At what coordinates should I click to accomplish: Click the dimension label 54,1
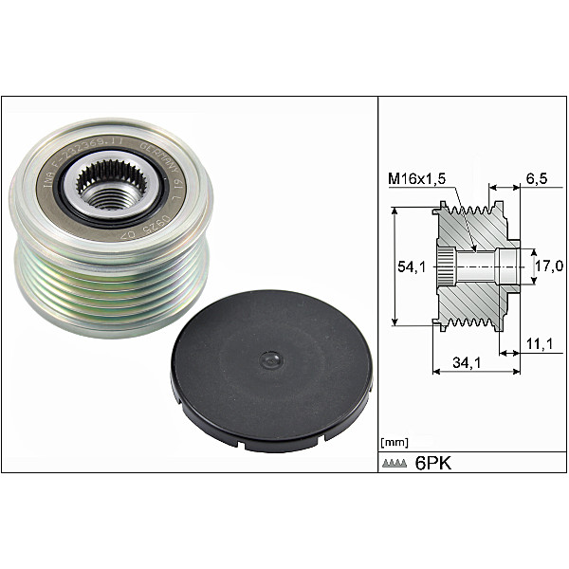410,268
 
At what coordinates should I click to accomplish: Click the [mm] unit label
393,442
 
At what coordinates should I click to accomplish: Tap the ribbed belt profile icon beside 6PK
394,463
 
